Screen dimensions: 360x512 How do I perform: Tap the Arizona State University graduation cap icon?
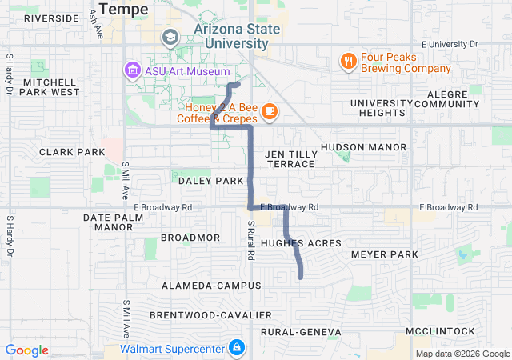(x=170, y=37)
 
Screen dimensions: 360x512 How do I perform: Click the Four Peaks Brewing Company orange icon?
(x=348, y=61)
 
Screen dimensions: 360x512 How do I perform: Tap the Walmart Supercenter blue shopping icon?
(x=237, y=348)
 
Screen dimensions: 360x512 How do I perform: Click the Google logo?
(x=26, y=350)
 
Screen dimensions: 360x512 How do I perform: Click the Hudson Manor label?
(x=363, y=147)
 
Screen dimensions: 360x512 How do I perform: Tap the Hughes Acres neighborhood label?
(x=301, y=242)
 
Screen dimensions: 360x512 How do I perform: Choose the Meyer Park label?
(x=385, y=254)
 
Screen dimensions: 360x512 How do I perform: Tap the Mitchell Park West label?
(x=51, y=86)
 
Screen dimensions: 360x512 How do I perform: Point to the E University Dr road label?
(x=450, y=44)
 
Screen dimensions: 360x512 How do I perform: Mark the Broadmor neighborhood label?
(x=190, y=238)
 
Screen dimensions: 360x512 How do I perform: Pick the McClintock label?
(x=440, y=331)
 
